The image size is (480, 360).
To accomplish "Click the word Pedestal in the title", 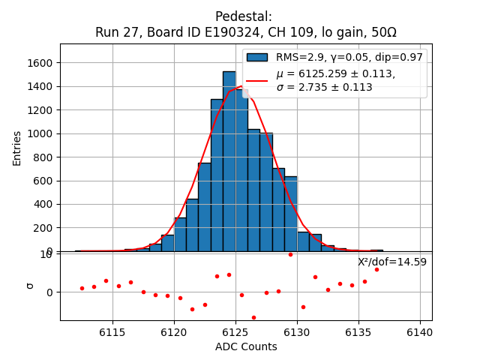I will click(243, 16).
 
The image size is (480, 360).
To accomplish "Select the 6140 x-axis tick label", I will click(419, 332).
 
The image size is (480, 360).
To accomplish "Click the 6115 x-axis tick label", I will click(112, 332).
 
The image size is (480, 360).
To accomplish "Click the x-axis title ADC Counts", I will click(246, 346).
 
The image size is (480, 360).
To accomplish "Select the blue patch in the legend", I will click(256, 57).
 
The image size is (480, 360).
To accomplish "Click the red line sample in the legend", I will click(256, 80).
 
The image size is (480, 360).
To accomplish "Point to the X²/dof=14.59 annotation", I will click(391, 262).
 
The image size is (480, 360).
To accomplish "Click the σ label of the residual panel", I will click(30, 285).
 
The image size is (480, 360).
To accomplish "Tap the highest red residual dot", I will click(290, 254).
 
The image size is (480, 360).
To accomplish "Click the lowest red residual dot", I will click(253, 317).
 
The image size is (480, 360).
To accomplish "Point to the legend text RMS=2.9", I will click(299, 57).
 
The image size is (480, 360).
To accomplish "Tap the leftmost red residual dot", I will click(82, 288).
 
